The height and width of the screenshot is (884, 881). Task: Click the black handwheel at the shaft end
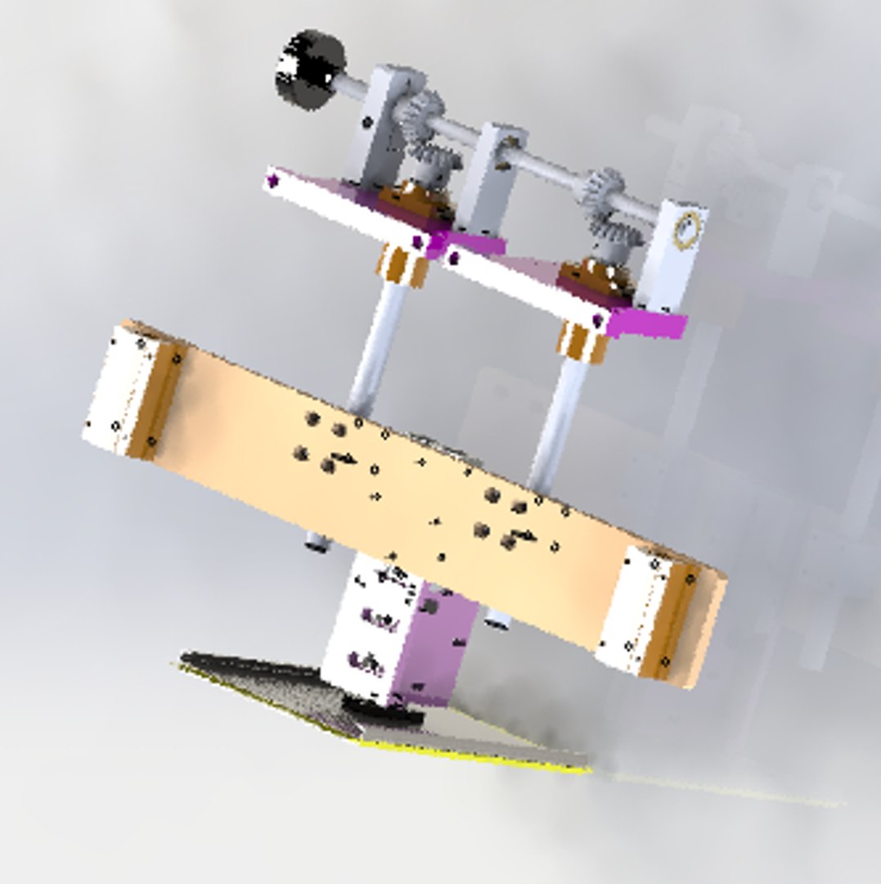(308, 69)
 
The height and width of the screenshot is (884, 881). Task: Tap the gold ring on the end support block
(687, 230)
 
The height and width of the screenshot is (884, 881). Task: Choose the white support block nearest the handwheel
(380, 123)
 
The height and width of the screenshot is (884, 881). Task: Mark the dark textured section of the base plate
(278, 688)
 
